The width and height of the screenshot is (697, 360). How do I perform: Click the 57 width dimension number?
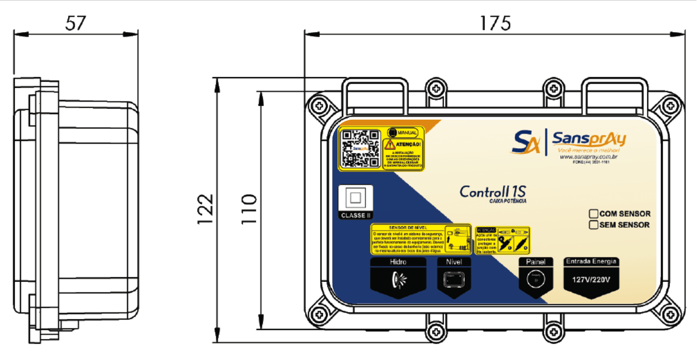pos(76,23)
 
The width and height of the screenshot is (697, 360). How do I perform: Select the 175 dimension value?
pos(495,23)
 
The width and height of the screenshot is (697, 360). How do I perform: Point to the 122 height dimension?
pos(205,208)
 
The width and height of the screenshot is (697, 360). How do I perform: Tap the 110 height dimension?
pos(249,208)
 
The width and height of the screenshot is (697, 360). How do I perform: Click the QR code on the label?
pos(360,149)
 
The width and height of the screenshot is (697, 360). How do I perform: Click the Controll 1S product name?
pos(492,191)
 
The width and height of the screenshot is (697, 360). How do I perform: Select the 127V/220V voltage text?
pos(591,279)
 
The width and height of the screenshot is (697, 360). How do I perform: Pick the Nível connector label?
pos(454,262)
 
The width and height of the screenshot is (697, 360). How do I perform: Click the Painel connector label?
pos(535,262)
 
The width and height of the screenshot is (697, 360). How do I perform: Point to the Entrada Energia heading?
pos(591,261)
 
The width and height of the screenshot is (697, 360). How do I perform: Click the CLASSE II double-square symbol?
pos(355,198)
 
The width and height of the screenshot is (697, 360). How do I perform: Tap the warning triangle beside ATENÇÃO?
pos(389,145)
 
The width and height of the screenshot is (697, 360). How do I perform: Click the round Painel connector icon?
pos(535,278)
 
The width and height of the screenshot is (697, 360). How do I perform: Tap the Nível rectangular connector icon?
pos(454,278)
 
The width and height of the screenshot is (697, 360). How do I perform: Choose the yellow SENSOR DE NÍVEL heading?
pos(407,227)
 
